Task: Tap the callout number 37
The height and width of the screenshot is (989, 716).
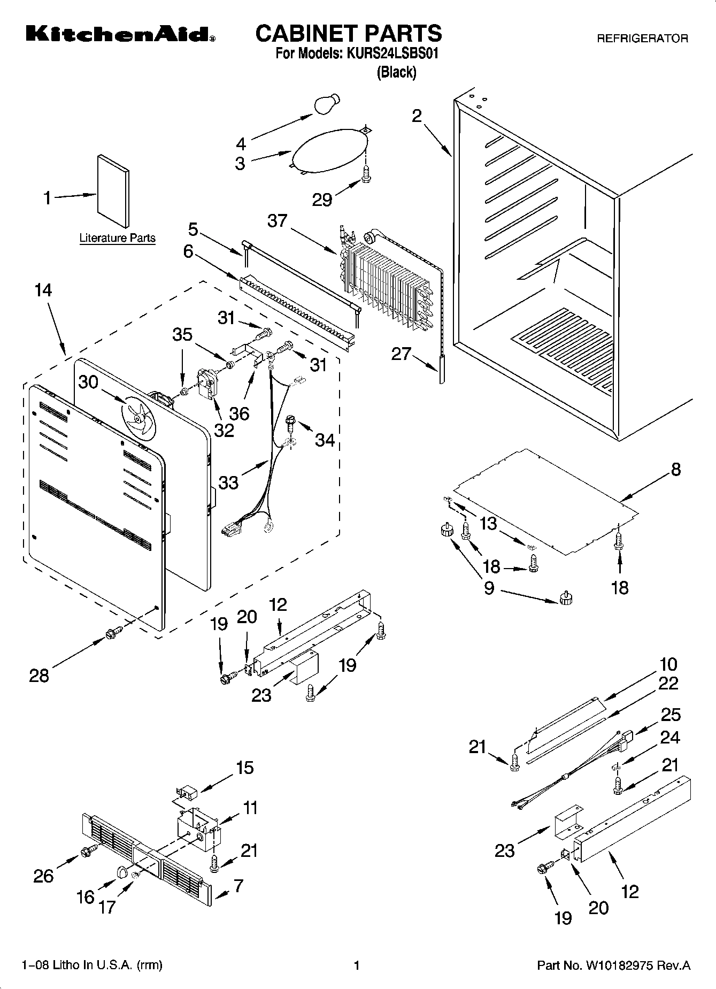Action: [277, 220]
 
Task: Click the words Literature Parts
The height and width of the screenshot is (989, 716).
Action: [117, 238]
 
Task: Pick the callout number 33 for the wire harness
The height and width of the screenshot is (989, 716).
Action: [228, 482]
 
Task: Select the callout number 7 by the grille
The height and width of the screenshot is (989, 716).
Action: [238, 886]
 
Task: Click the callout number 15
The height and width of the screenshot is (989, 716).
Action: [244, 768]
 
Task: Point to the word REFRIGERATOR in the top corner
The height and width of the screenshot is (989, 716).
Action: [642, 39]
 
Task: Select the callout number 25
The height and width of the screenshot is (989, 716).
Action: [671, 715]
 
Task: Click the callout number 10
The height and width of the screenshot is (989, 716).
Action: [668, 664]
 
